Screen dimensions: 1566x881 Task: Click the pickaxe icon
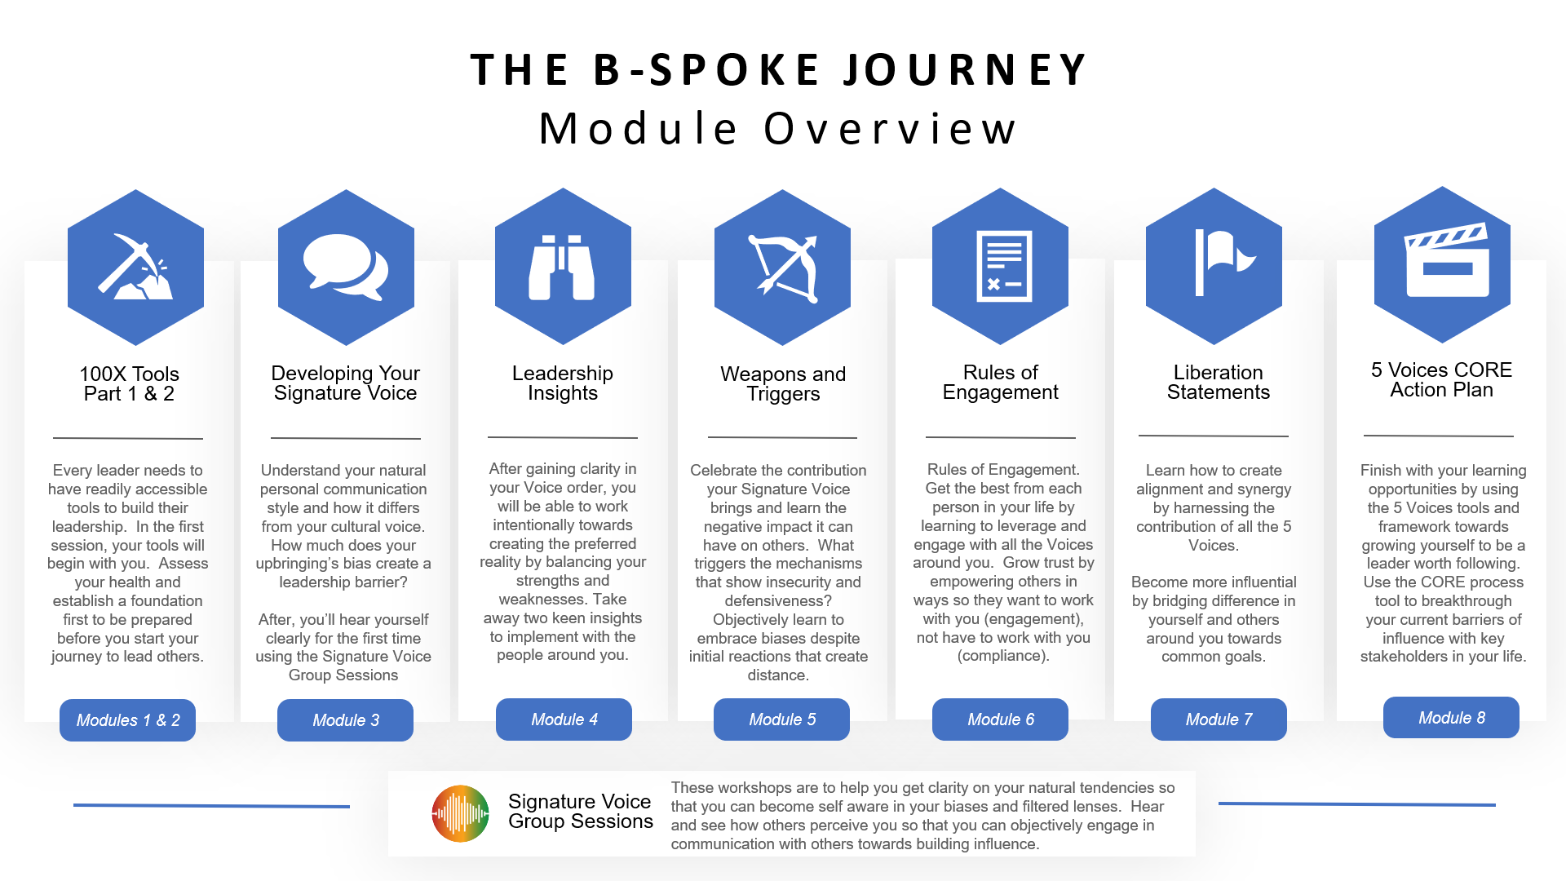coord(135,267)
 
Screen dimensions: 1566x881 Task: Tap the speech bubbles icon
coord(346,267)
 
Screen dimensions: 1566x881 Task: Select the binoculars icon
coord(562,267)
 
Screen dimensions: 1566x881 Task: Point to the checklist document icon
coord(1004,266)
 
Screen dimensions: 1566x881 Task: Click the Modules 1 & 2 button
coord(128,720)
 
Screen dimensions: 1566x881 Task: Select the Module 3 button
coord(346,720)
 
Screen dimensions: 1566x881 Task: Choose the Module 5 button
coord(782,719)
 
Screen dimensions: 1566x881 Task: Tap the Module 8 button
coord(1452,718)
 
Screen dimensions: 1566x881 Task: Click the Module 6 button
coord(1001,719)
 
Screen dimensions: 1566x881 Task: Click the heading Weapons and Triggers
coord(783,384)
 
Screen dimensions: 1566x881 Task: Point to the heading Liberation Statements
coord(1219,383)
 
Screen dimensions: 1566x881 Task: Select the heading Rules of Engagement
coord(1001,383)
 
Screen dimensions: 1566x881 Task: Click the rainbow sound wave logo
coord(461,813)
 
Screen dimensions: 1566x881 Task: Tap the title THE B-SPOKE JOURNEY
coord(780,69)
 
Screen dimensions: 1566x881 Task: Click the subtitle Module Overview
coord(780,129)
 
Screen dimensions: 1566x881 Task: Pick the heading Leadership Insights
coord(563,383)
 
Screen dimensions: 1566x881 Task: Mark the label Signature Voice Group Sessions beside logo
coord(581,812)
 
